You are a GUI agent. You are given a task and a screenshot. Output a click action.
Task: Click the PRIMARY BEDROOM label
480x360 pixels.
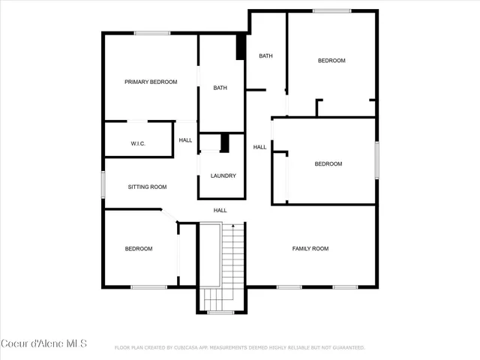coord(151,82)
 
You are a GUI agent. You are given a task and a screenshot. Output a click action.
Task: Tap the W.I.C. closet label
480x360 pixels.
coord(138,143)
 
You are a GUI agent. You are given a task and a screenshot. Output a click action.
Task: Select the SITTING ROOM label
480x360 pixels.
coord(147,187)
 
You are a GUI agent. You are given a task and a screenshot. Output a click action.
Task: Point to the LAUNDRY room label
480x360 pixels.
coord(223,176)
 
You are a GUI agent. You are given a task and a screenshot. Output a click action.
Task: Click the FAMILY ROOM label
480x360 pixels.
coord(310,248)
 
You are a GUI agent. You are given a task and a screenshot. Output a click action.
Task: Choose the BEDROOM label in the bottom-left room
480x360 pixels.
coord(139,249)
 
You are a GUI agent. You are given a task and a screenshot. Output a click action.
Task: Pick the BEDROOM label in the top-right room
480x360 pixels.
coord(331,61)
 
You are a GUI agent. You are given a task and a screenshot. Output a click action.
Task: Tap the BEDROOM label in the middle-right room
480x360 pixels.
coord(328,163)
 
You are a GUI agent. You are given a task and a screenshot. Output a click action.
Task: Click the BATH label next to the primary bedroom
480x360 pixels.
coord(220,88)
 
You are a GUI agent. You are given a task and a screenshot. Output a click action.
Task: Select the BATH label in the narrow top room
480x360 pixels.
coord(265,56)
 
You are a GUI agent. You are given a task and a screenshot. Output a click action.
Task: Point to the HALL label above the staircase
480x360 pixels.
coord(220,210)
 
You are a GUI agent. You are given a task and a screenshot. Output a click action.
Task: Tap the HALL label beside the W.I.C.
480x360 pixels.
coord(185,140)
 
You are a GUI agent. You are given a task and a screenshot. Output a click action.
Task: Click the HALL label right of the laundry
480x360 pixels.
coord(259,147)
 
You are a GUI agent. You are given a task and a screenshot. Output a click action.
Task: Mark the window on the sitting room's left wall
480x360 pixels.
coord(104,184)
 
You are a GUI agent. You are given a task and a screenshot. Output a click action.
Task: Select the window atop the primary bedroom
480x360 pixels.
coord(152,32)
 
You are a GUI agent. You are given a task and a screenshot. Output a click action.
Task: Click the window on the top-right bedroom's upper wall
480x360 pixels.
coord(331,10)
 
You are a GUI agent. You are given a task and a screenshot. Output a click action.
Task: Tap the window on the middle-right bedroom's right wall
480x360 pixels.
coord(376,159)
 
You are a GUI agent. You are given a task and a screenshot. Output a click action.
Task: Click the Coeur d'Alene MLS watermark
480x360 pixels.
coord(44,343)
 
